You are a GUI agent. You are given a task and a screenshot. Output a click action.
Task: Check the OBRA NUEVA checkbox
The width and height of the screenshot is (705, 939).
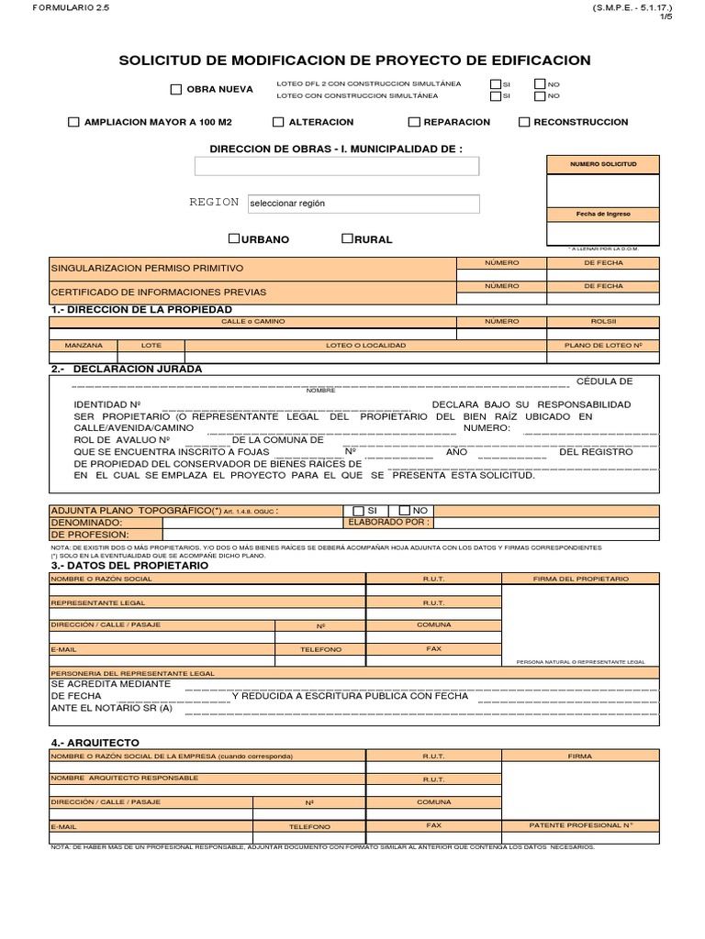coord(176,90)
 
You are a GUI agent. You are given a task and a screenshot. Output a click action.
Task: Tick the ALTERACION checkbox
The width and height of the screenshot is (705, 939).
coord(278,122)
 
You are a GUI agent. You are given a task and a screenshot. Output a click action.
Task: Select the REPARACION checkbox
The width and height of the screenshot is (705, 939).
coord(414,122)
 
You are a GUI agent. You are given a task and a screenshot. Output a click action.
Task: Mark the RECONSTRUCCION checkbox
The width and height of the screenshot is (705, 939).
coord(524,122)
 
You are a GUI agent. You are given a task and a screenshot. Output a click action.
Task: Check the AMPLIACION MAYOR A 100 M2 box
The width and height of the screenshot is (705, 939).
coord(73,122)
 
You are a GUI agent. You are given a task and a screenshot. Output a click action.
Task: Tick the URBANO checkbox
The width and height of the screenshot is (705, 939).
coord(234,238)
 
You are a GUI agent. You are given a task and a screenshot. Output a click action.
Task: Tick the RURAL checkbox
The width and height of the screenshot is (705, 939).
coord(347,238)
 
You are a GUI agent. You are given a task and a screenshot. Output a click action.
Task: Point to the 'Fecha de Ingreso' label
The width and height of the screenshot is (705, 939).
coord(602,214)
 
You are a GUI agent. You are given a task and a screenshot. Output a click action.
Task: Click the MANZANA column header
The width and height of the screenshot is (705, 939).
coord(84,346)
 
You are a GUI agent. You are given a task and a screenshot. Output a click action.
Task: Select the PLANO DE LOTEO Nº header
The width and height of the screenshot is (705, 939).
coord(602,346)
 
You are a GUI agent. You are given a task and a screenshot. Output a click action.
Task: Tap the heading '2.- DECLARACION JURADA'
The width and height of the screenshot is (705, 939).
coord(127,369)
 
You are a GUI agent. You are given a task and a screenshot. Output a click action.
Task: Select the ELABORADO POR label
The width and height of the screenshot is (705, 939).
coord(388,522)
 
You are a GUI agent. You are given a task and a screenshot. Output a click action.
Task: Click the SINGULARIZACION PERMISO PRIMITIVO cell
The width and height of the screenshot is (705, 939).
coord(148,268)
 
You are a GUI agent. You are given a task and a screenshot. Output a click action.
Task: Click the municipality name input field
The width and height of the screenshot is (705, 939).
coord(336,166)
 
